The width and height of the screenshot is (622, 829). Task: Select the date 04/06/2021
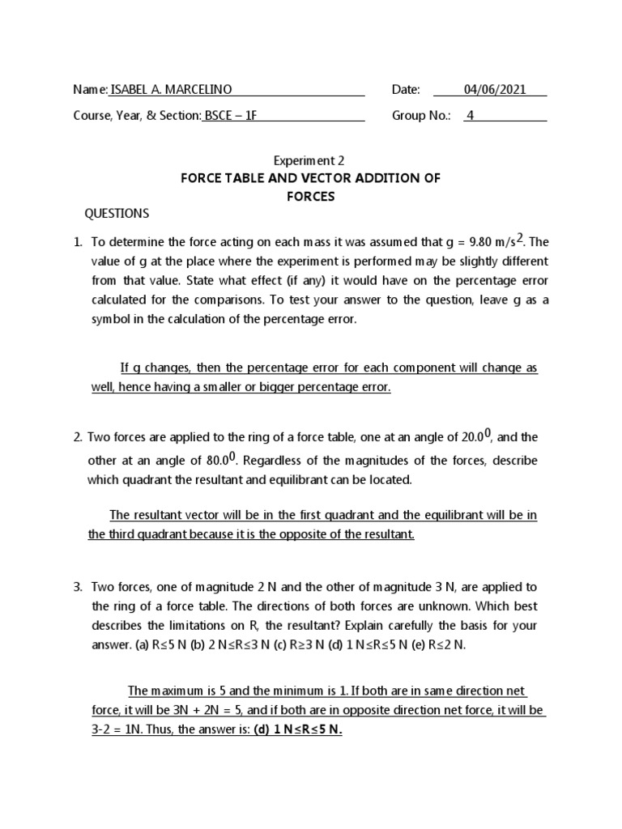click(494, 90)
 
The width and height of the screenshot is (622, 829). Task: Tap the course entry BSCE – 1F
click(231, 116)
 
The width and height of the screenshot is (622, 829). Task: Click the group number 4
click(470, 116)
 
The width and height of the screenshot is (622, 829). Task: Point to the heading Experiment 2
click(310, 160)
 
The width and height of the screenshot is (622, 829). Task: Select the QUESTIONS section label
click(117, 214)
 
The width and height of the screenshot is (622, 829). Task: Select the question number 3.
click(78, 586)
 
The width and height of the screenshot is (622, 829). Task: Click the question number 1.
click(78, 242)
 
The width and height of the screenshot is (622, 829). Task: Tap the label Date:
click(406, 90)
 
